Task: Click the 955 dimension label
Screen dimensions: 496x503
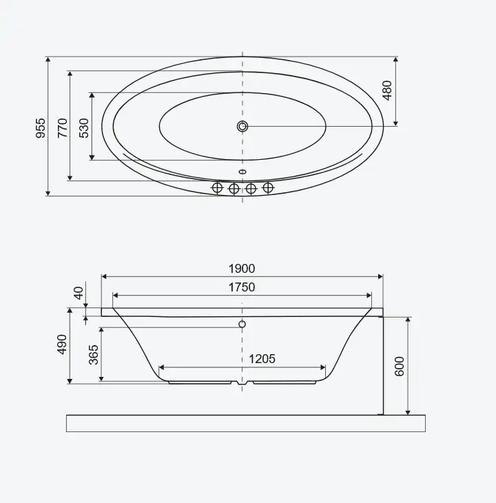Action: pyautogui.click(x=41, y=128)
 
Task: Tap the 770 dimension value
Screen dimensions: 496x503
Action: pyautogui.click(x=63, y=128)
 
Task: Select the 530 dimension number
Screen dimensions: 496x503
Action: pyautogui.click(x=83, y=128)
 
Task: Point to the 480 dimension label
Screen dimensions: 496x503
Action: pyautogui.click(x=387, y=90)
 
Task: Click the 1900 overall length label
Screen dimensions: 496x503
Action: pyautogui.click(x=242, y=269)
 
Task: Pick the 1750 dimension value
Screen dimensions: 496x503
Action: pyautogui.click(x=242, y=287)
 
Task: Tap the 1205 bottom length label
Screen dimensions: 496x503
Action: pyautogui.click(x=262, y=358)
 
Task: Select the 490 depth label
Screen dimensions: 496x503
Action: pyautogui.click(x=62, y=345)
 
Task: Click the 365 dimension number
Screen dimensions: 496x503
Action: pyautogui.click(x=93, y=355)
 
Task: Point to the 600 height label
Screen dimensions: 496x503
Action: pyautogui.click(x=399, y=366)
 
